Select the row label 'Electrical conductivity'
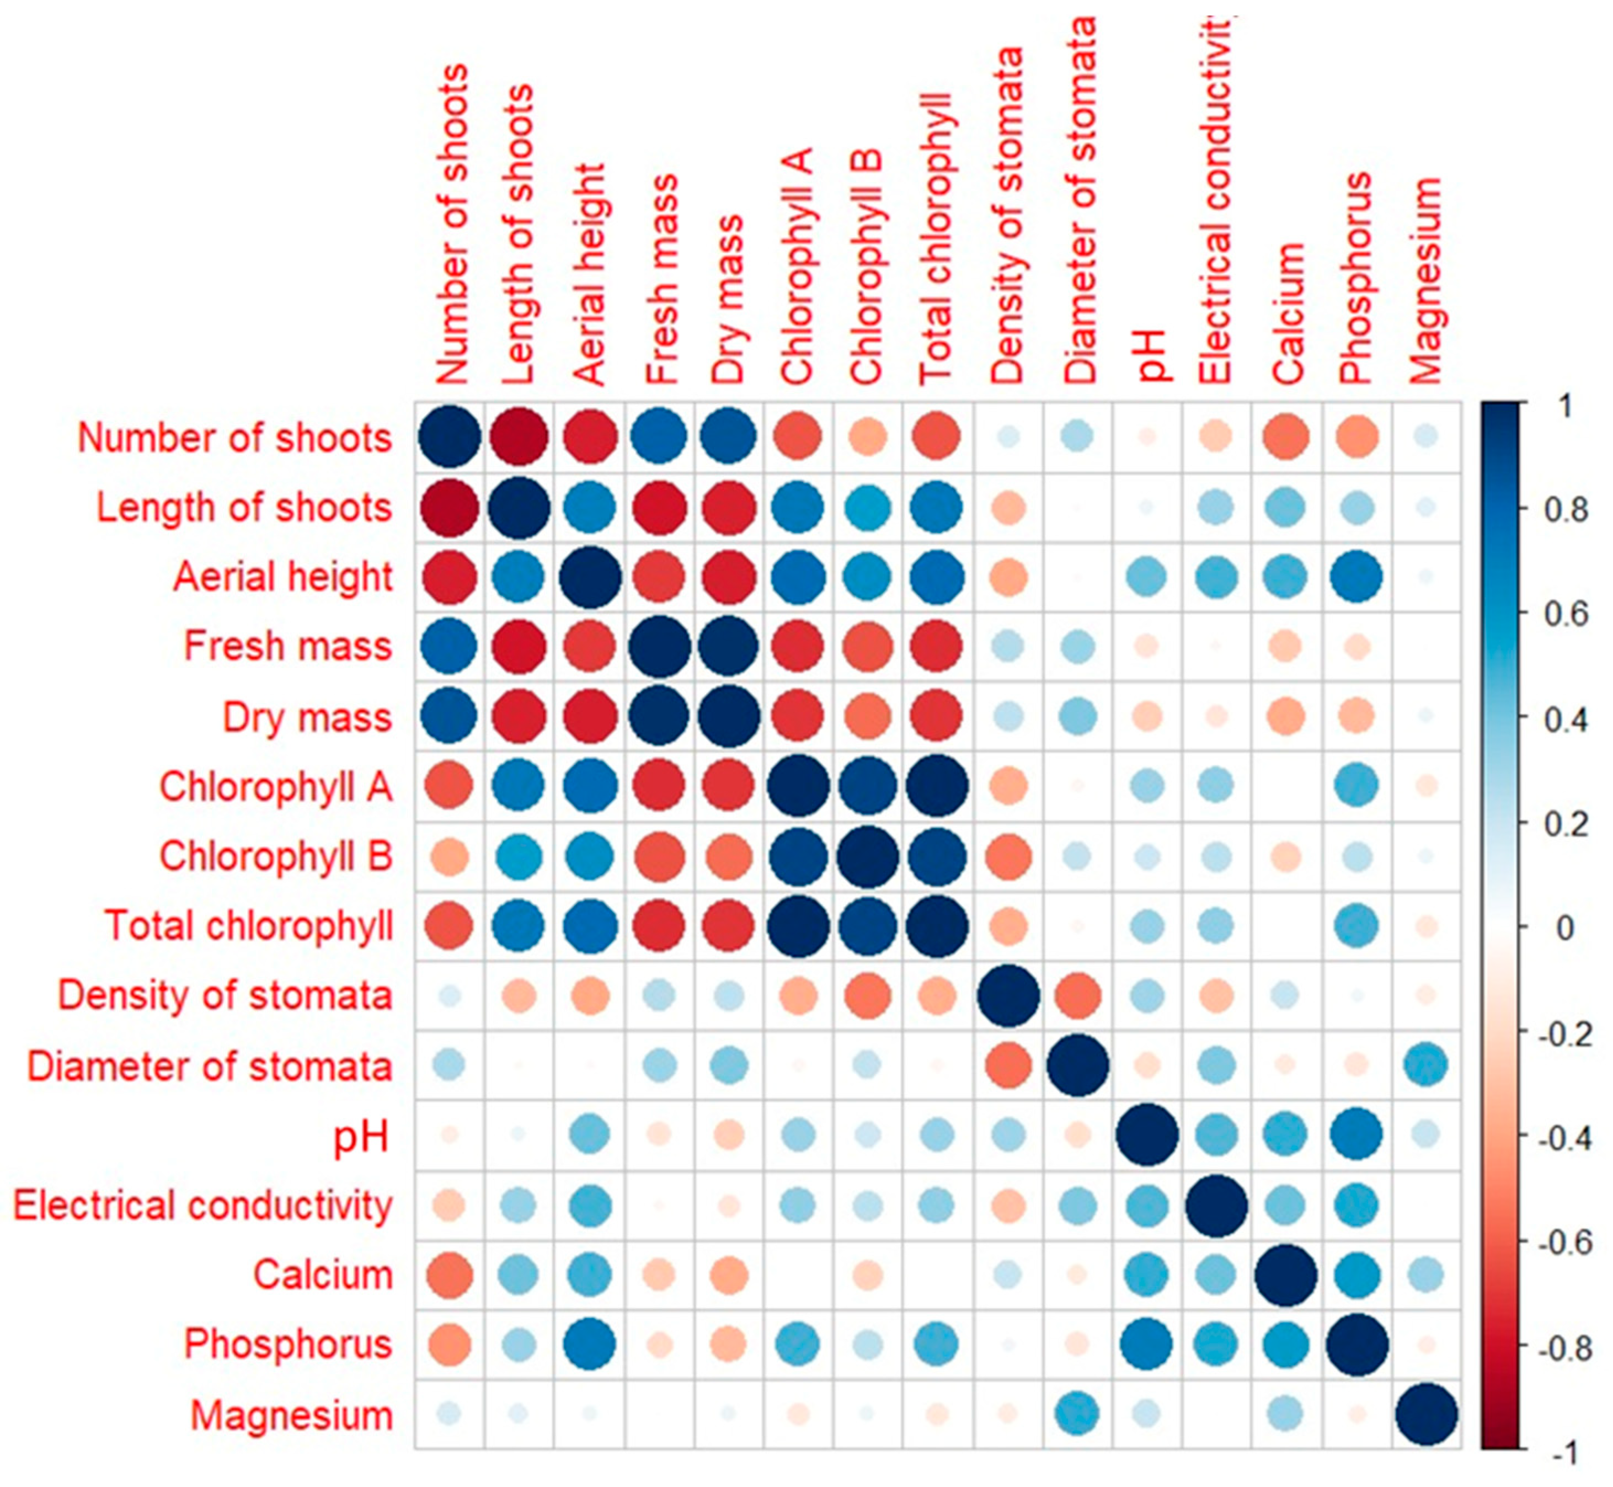[203, 1206]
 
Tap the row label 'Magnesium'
[291, 1415]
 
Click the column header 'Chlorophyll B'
[867, 265]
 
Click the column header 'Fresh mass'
[662, 278]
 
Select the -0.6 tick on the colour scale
[1562, 1243]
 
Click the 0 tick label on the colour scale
[1564, 928]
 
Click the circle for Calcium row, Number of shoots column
[449, 1275]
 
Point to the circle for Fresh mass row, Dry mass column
[728, 646]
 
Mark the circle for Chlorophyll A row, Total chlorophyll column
[937, 786]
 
